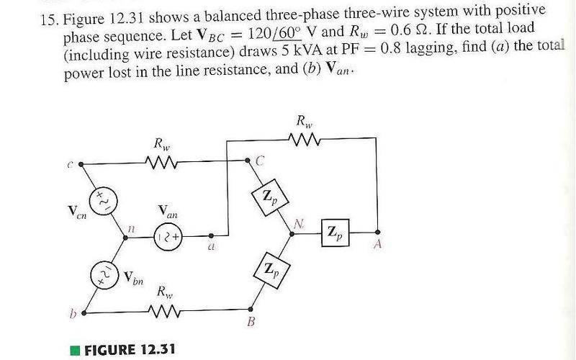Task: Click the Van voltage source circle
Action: click(168, 237)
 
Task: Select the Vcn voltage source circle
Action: click(104, 202)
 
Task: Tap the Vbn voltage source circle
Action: click(104, 275)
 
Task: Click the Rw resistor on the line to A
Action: click(305, 139)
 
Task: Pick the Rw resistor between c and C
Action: click(161, 162)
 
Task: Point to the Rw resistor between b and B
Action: click(164, 312)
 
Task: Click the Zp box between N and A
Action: click(335, 233)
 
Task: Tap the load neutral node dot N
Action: click(292, 233)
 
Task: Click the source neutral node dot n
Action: click(125, 238)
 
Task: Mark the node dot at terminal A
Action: click(377, 232)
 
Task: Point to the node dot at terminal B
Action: click(251, 310)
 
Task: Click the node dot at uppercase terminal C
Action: click(247, 160)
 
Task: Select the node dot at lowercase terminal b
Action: click(84, 313)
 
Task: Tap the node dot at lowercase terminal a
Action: click(211, 236)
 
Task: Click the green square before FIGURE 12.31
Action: click(75, 350)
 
